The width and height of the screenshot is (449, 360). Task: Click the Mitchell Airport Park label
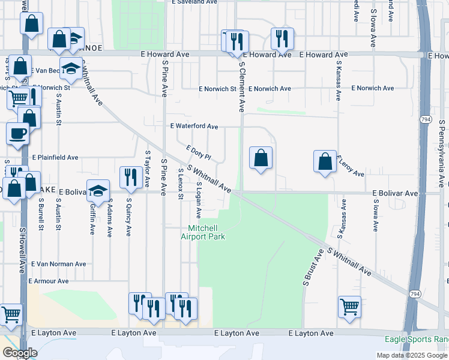pyautogui.click(x=203, y=232)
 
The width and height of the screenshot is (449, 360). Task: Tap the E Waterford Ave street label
pyautogui.click(x=194, y=127)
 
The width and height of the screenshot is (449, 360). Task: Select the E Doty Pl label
pyautogui.click(x=199, y=153)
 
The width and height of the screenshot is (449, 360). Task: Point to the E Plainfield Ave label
pyautogui.click(x=55, y=158)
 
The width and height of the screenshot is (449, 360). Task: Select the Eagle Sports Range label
pyautogui.click(x=417, y=340)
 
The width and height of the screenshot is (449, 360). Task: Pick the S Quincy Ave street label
pyautogui.click(x=128, y=218)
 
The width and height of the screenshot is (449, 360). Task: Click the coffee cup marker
pyautogui.click(x=17, y=133)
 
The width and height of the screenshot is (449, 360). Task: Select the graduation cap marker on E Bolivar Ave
pyautogui.click(x=98, y=191)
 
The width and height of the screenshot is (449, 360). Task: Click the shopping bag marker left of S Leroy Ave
pyautogui.click(x=325, y=161)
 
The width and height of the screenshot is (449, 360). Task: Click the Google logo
pyautogui.click(x=20, y=353)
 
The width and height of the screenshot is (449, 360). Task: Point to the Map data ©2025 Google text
pyautogui.click(x=411, y=355)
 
